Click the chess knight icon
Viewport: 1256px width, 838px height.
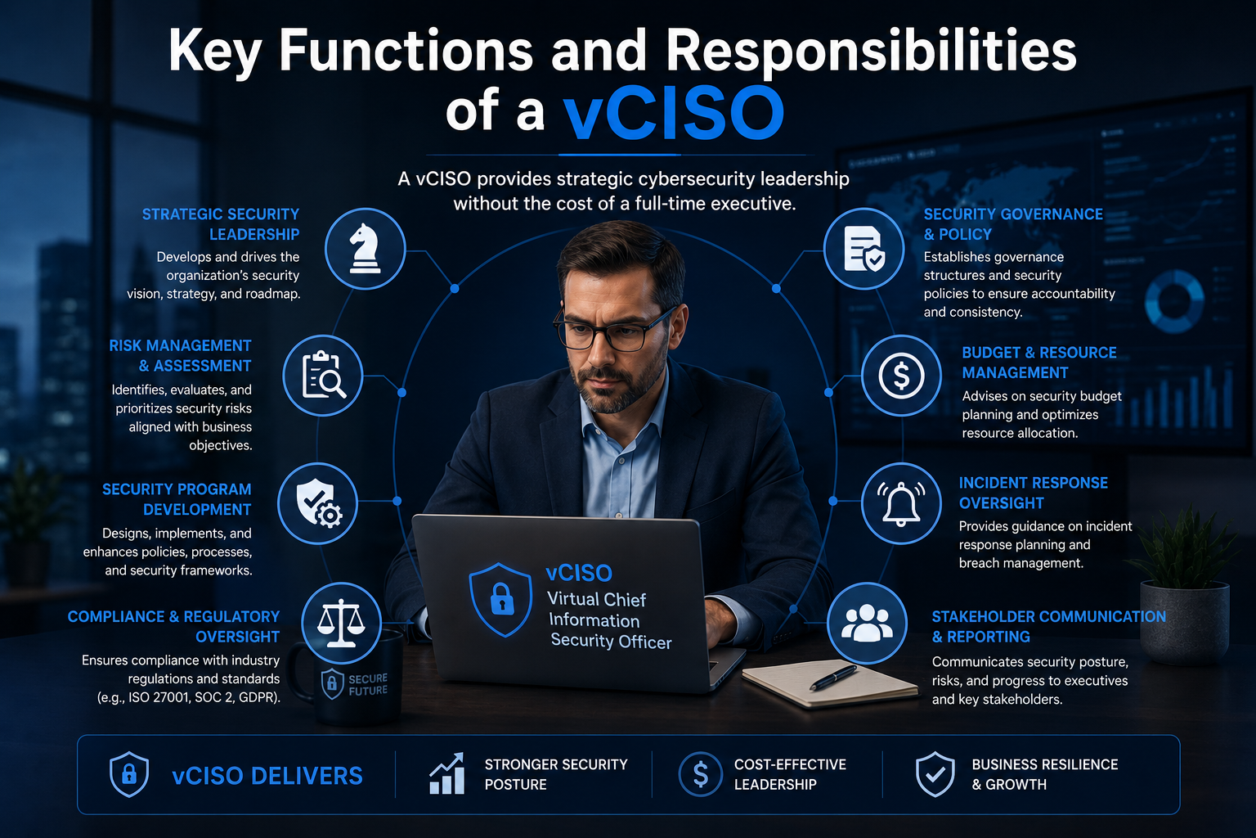pos(365,248)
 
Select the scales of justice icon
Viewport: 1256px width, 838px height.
pos(341,623)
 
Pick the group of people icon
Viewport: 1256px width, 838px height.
pos(867,623)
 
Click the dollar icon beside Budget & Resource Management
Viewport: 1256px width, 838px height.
pos(901,375)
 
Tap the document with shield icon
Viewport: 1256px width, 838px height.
pos(864,249)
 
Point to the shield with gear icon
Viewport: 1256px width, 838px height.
pos(318,503)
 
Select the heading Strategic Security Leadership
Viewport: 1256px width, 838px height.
pos(220,224)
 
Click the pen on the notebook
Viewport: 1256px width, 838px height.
pos(833,678)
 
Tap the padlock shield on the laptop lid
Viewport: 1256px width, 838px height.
pos(500,600)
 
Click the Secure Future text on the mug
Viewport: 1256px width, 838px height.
pos(368,684)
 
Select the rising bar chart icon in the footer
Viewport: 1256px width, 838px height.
pos(447,773)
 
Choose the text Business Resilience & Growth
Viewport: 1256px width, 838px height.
pos(1044,774)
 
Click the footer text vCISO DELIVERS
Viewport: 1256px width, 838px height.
pos(267,776)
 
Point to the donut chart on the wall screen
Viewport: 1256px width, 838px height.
pos(1174,300)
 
